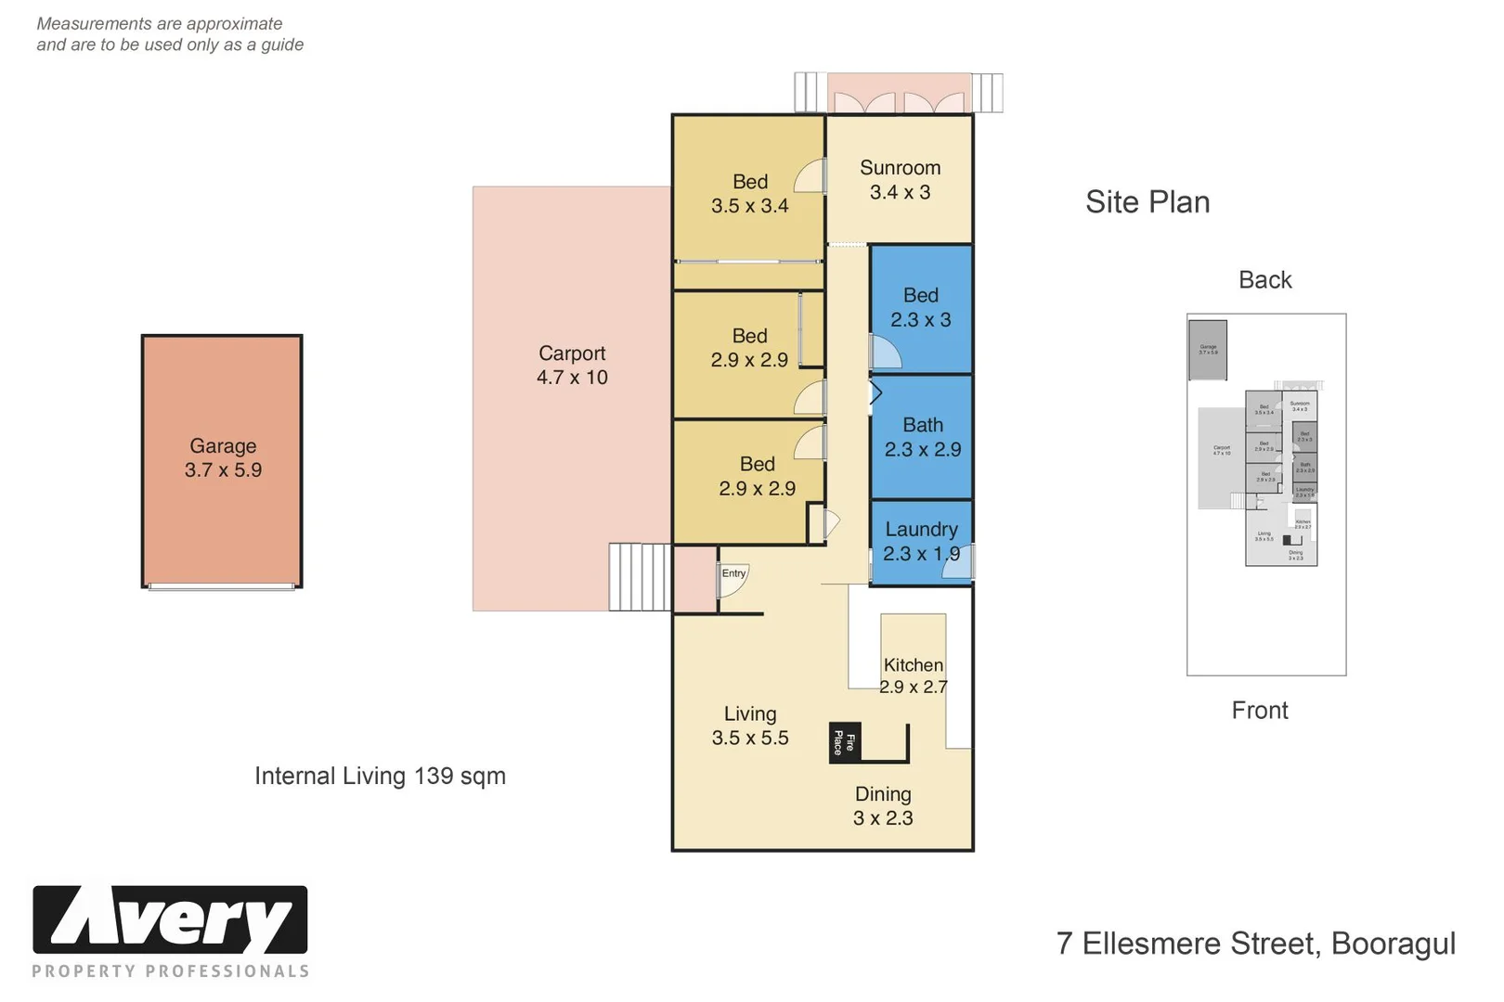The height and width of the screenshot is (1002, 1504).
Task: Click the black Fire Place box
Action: [844, 743]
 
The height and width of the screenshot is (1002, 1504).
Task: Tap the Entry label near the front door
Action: [733, 573]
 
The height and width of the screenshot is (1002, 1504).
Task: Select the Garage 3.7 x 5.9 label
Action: [223, 458]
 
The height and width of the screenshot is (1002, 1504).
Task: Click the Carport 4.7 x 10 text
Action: [572, 366]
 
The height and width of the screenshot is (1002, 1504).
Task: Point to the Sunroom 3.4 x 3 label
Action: [900, 180]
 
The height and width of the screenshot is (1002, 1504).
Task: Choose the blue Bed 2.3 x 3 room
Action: [921, 308]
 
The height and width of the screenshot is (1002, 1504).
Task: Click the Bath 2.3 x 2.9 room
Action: [922, 437]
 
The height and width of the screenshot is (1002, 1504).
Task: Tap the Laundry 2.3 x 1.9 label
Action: [921, 542]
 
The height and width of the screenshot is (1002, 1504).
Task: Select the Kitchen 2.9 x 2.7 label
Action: [914, 676]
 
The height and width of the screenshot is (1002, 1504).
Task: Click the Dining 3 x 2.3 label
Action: [883, 806]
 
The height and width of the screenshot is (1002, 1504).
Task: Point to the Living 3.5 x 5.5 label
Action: [750, 726]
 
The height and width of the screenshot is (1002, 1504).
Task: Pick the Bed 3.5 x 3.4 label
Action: [750, 194]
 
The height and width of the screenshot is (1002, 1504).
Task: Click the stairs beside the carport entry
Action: [639, 577]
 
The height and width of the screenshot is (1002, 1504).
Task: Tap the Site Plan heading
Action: [1147, 202]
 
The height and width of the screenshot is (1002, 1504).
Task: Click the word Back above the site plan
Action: [1264, 280]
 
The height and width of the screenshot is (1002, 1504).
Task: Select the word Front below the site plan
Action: [1260, 711]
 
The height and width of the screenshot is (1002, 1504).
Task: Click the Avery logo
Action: [171, 920]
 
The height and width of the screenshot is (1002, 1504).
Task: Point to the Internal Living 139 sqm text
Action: [380, 777]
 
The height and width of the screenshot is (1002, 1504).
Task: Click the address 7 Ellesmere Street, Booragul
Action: [1255, 944]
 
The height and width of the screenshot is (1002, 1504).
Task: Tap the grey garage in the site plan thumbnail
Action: [1208, 351]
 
